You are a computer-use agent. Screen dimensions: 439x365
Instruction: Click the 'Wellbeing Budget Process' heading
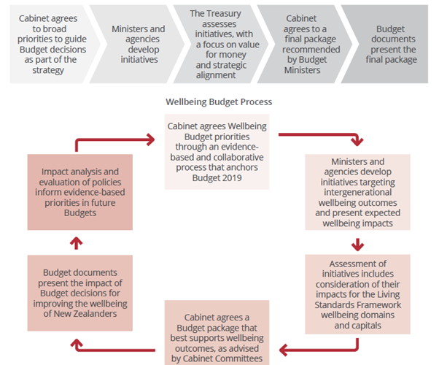pos(219,101)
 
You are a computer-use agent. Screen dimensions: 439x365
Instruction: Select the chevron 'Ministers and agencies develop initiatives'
pos(137,44)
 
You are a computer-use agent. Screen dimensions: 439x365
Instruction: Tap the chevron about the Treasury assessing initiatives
pos(221,44)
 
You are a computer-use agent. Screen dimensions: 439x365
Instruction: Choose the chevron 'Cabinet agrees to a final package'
pos(305,44)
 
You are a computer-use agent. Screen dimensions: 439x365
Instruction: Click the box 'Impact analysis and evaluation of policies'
pos(80,192)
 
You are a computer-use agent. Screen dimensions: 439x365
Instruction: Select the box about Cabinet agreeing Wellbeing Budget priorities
pos(217,152)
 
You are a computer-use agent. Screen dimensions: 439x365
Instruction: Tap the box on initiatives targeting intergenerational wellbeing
pos(357,192)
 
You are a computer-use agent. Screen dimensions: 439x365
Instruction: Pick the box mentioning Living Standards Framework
pos(357,294)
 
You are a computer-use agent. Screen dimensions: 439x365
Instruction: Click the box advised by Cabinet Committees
pos(217,333)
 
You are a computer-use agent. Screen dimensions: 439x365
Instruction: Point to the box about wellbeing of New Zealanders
pos(80,293)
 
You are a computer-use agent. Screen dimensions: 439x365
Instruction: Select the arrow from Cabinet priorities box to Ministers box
pos(322,135)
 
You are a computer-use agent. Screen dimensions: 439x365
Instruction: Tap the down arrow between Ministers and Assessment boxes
pos(357,245)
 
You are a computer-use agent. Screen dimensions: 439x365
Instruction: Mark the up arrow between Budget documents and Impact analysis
pos(77,243)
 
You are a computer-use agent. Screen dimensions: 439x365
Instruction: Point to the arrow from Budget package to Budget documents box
pos(112,350)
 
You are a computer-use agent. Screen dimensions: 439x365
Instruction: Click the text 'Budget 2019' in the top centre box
pos(217,177)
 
